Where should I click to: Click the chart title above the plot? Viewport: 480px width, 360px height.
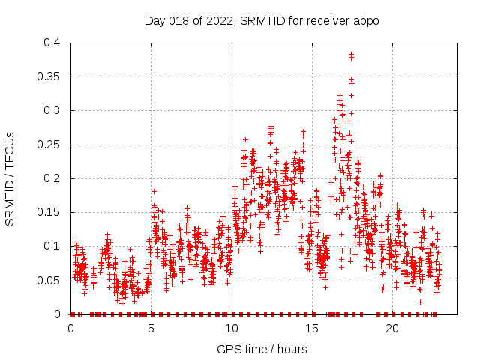point(262,20)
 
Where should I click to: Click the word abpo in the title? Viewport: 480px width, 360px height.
point(367,20)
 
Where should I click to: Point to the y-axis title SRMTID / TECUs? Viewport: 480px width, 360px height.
point(10,178)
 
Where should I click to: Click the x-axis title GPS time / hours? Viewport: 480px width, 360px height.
point(262,349)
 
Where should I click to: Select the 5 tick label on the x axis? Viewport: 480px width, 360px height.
point(151,328)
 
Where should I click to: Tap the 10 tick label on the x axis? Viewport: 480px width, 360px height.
point(232,328)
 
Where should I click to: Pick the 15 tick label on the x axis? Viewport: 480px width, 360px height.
point(312,328)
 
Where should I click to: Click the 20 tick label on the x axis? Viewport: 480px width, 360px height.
point(392,328)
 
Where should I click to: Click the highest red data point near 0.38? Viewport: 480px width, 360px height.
point(351,55)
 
